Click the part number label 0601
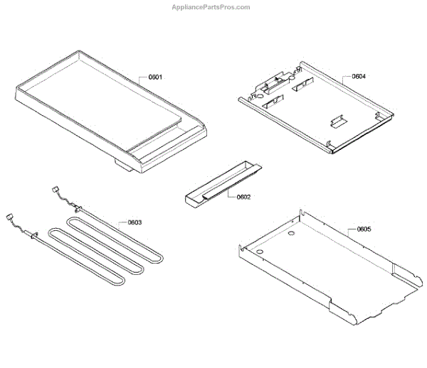155,77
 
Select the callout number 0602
243,197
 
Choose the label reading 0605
359,229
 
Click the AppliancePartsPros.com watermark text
211,7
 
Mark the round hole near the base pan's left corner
262,252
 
